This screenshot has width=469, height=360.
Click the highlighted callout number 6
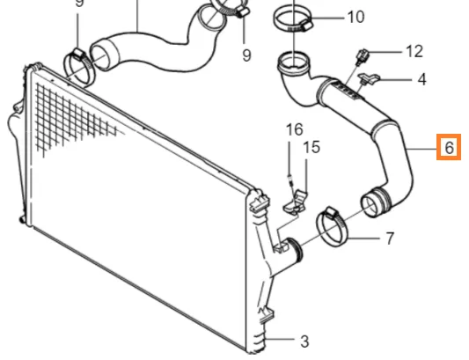tap(449, 147)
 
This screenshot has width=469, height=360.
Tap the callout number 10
tap(355, 17)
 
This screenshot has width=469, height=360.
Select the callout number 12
tap(414, 51)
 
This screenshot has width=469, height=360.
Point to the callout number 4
tap(421, 79)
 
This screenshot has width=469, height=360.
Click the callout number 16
tap(295, 129)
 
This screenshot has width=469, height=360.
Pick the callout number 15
tap(311, 147)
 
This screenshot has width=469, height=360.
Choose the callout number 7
tap(389, 239)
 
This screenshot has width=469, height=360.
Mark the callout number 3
tap(304, 341)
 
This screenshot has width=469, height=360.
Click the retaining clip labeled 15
tap(296, 202)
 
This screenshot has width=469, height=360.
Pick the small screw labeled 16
tap(289, 179)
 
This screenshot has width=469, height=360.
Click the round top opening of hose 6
tap(293, 61)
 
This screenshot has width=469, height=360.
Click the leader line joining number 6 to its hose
tap(422, 149)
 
